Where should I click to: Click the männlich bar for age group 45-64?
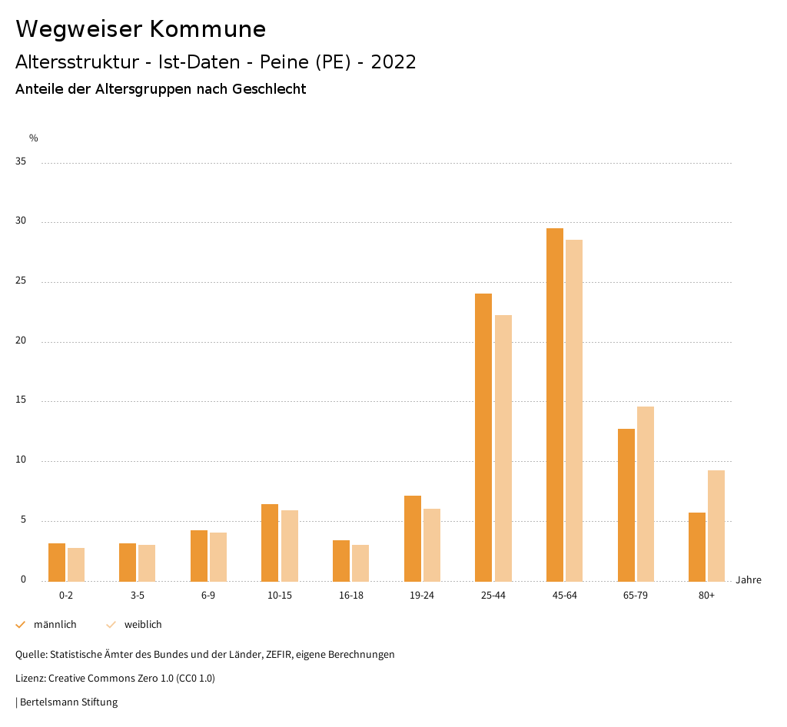pyautogui.click(x=555, y=404)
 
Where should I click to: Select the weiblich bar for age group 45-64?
pyautogui.click(x=574, y=410)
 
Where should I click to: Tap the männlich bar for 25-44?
pyautogui.click(x=483, y=437)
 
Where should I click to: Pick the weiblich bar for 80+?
pyautogui.click(x=716, y=526)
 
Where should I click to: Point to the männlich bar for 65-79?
pyautogui.click(x=626, y=505)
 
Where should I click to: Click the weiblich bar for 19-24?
pyautogui.click(x=432, y=545)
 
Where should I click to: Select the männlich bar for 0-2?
pyautogui.click(x=57, y=562)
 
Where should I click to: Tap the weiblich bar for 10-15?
pyautogui.click(x=289, y=546)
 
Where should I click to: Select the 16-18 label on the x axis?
pyautogui.click(x=351, y=596)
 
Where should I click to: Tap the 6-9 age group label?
pyautogui.click(x=208, y=596)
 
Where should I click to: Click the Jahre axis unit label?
pyautogui.click(x=748, y=580)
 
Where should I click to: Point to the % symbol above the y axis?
pyautogui.click(x=34, y=138)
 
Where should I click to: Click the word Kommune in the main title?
pyautogui.click(x=208, y=29)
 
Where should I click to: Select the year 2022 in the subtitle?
pyautogui.click(x=393, y=62)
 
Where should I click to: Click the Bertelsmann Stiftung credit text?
pyautogui.click(x=68, y=702)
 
